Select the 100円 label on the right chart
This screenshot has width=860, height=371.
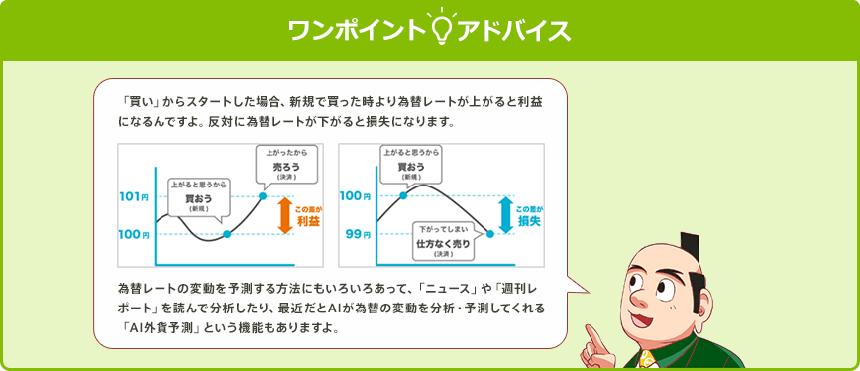tap(356, 196)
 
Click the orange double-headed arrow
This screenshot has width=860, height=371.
tap(283, 215)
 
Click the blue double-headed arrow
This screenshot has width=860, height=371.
tap(504, 215)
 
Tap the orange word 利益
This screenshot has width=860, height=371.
tap(308, 222)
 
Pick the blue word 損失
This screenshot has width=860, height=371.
tap(530, 222)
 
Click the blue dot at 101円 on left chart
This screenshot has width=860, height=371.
tap(263, 196)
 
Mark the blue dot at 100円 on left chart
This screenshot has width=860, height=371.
tap(227, 234)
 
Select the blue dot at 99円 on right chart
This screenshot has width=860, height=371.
tap(490, 234)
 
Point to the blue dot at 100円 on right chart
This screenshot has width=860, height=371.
tap(403, 195)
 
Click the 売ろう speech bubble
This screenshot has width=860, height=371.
tap(285, 164)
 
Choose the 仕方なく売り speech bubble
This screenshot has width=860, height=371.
tap(443, 241)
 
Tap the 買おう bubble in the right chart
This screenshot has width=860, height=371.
tap(411, 164)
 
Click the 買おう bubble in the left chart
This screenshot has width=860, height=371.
tap(198, 198)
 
